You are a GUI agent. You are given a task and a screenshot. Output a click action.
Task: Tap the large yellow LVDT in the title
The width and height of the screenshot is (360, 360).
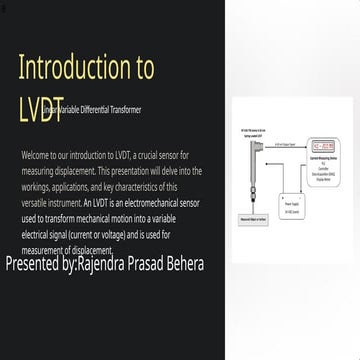(x=34, y=108)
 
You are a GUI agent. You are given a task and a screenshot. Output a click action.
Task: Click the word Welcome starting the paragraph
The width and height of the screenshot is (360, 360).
(x=35, y=157)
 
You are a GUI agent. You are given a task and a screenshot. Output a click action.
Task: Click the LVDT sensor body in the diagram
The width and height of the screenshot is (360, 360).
(x=255, y=160)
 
